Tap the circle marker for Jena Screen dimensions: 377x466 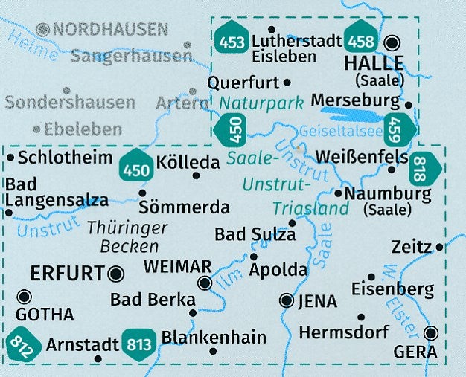click(286, 300)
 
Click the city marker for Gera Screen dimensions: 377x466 click(432, 333)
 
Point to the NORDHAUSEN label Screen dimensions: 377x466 click(110, 30)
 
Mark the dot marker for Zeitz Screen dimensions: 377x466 click(440, 247)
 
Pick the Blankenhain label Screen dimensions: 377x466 click(214, 337)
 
